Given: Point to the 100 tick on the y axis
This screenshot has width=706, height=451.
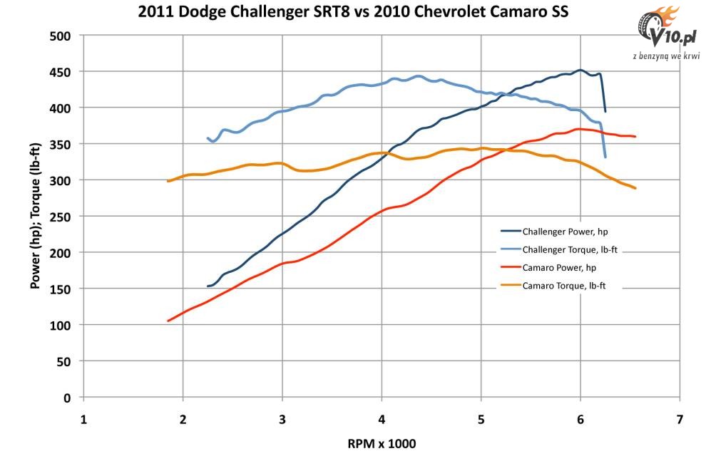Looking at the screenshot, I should [x=62, y=325].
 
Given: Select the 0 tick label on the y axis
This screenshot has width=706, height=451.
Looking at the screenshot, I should [x=68, y=398].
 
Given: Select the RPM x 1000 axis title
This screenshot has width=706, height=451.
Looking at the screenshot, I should [x=382, y=442].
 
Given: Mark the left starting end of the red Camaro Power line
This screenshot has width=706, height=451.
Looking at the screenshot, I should [x=168, y=321].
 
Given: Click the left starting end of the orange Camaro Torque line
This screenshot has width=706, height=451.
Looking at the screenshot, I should [x=168, y=181].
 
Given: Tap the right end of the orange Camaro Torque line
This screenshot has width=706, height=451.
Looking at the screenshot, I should [x=635, y=188].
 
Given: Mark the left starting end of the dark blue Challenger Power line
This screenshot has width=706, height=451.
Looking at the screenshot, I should [x=208, y=286].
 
